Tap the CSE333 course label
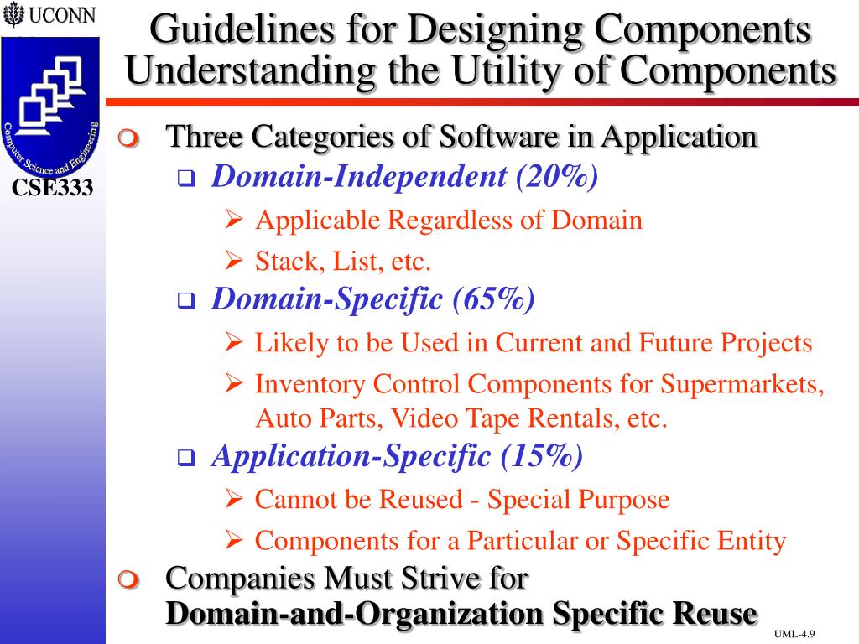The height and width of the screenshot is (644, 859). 52,188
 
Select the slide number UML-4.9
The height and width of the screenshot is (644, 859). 795,633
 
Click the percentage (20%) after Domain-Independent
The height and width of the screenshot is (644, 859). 557,177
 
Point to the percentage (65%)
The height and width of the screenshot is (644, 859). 492,299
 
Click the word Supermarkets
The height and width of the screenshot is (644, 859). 742,384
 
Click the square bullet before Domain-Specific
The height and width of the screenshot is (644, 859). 185,300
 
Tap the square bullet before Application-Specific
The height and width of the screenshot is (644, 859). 185,458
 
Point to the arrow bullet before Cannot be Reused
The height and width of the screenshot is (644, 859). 235,500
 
